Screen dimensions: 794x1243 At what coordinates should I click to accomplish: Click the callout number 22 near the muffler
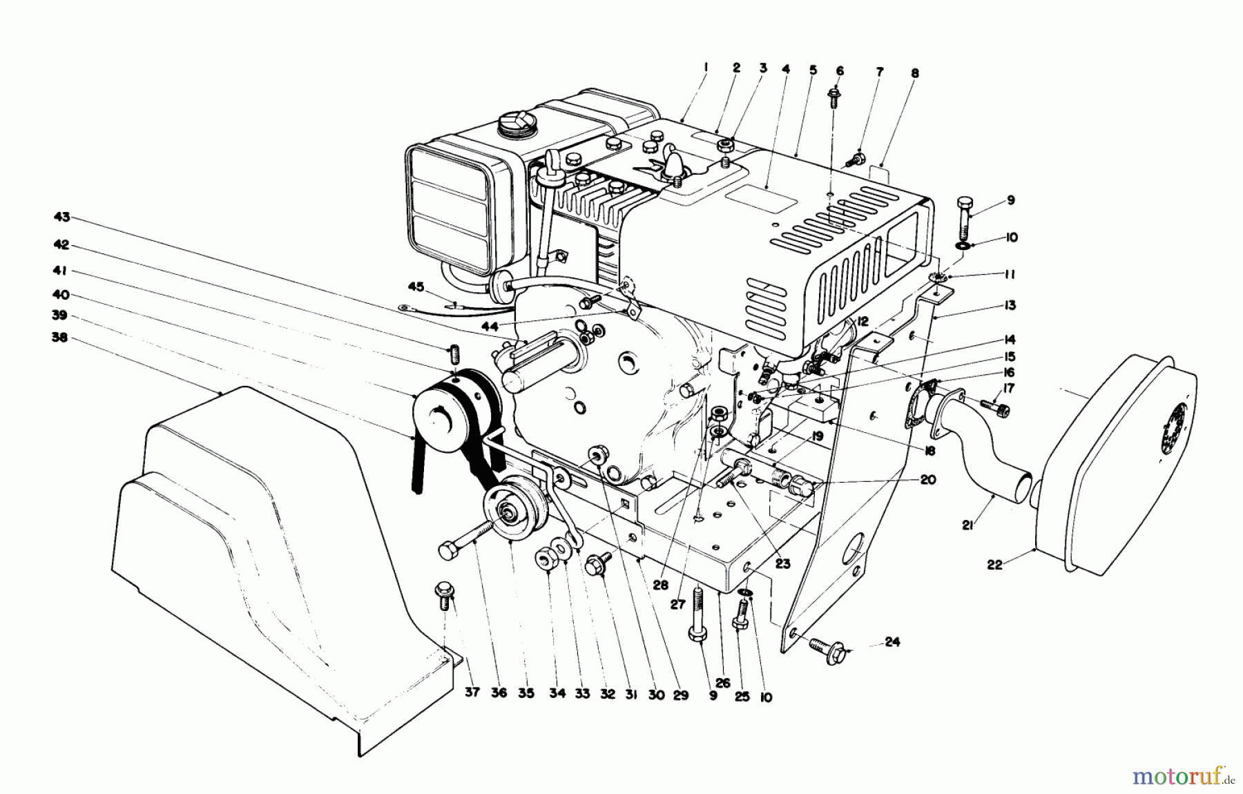[994, 565]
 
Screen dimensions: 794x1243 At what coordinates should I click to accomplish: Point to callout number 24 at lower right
[892, 642]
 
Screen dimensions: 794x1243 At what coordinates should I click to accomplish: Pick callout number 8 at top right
[915, 72]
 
